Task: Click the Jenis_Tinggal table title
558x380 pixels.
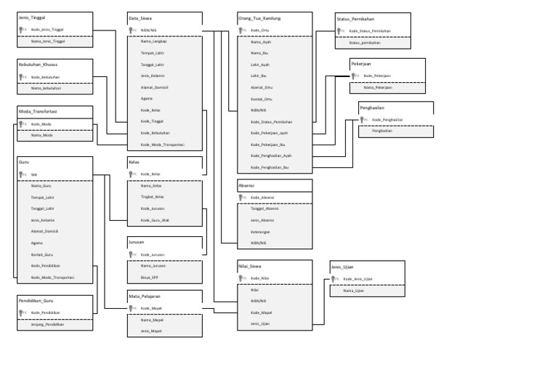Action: coord(31,17)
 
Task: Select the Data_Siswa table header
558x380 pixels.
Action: coord(140,17)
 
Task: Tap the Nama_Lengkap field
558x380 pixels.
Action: coord(154,41)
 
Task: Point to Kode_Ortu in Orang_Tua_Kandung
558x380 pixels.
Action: coord(260,30)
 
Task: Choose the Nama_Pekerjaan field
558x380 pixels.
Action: coord(378,87)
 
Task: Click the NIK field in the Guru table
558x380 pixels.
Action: coord(34,174)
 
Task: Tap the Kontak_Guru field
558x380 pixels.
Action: coord(42,254)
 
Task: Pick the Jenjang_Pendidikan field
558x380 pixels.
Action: coord(47,324)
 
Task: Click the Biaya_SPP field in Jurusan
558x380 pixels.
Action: coord(150,277)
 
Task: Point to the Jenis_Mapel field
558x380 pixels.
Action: coord(152,331)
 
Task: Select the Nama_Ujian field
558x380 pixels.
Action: coord(353,291)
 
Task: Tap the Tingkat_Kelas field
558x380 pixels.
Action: coord(152,197)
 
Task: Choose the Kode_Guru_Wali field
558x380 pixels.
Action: coord(155,219)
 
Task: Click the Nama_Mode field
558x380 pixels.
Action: coord(41,135)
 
